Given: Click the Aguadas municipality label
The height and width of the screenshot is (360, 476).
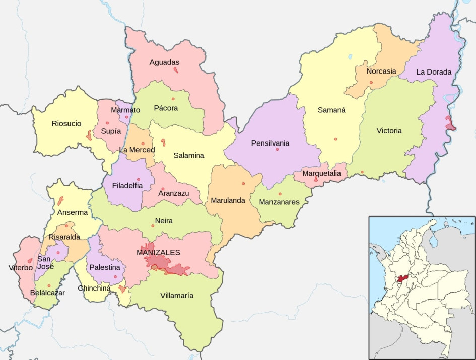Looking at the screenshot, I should click(164, 62).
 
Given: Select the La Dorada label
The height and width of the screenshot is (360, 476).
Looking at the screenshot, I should click(434, 72).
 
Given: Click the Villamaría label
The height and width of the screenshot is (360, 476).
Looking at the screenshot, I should click(176, 296).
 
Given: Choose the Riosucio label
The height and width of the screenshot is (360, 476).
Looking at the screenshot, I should click(66, 123).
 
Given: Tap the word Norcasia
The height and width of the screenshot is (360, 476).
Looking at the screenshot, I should click(381, 71).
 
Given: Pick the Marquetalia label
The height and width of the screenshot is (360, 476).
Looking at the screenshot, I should click(321, 174).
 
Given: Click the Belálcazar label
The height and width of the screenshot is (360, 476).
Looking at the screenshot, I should click(47, 293).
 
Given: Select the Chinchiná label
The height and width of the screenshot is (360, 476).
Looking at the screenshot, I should click(94, 289).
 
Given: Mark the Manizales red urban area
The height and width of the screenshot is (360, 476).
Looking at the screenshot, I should click(159, 262).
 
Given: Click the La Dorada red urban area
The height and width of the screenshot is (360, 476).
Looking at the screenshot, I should click(449, 122).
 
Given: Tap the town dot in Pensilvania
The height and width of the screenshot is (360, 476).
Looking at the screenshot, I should click(277, 150).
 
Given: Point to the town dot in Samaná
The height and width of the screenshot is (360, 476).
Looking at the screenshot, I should click(335, 139).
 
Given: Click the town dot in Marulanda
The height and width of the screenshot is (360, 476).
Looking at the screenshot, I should click(243, 184).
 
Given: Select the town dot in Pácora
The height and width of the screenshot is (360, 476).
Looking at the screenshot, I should click(173, 99).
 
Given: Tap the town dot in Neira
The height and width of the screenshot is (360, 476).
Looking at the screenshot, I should click(153, 226).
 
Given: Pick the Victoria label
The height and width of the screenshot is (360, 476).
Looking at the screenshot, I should click(389, 131).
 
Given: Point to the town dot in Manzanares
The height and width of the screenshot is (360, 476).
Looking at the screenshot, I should click(280, 194).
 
